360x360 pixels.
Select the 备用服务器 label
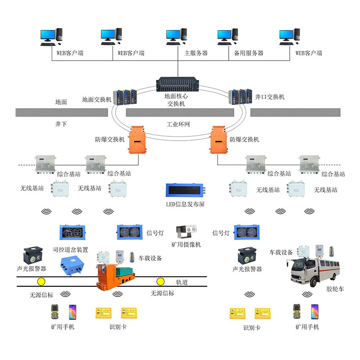(249, 53)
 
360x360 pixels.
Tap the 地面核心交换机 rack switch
(179, 84)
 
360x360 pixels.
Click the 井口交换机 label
(270, 97)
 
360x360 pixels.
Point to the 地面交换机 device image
(125, 97)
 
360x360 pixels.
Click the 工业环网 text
(178, 125)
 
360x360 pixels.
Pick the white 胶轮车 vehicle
(310, 271)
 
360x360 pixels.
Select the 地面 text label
(61, 102)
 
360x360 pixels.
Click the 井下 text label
(61, 125)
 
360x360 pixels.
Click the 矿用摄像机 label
(186, 245)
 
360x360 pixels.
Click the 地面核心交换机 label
(176, 100)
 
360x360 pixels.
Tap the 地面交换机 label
(97, 100)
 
